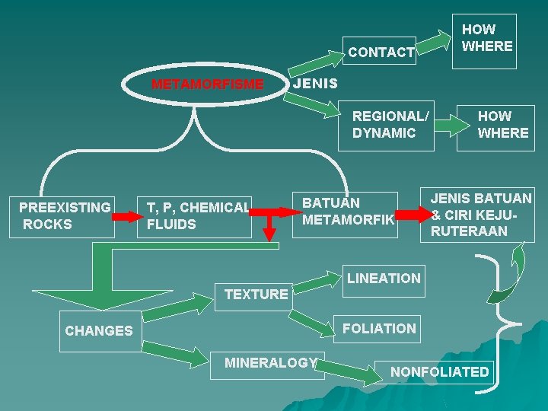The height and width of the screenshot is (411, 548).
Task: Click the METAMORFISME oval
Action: pyautogui.click(x=207, y=84)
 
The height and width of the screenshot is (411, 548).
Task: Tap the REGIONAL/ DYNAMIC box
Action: pyautogui.click(x=390, y=125)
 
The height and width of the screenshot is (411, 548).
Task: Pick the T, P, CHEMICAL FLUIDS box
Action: pyautogui.click(x=197, y=215)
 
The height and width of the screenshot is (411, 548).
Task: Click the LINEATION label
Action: pyautogui.click(x=384, y=279)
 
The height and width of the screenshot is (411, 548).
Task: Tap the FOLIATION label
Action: pyautogui.click(x=380, y=329)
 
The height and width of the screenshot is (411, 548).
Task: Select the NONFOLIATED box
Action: pyautogui.click(x=439, y=372)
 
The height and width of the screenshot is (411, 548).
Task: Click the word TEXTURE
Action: pyautogui.click(x=256, y=294)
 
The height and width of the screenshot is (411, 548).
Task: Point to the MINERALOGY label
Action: pyautogui.click(x=270, y=363)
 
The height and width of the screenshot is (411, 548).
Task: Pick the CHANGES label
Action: pyautogui.click(x=98, y=331)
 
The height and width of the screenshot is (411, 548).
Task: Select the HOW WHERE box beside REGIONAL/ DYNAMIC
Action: pyautogui.click(x=502, y=125)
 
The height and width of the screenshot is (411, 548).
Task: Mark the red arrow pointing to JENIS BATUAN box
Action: pyautogui.click(x=413, y=215)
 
